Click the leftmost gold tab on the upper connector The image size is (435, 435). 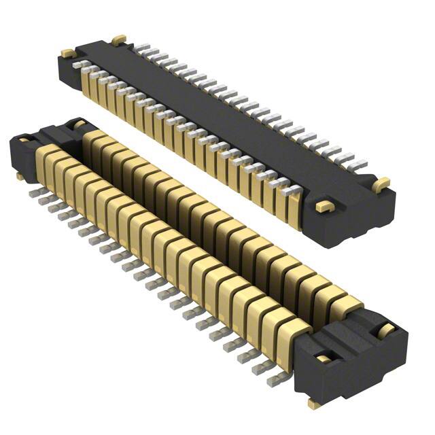tap(68, 52)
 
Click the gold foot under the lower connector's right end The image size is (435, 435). tap(314, 404)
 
